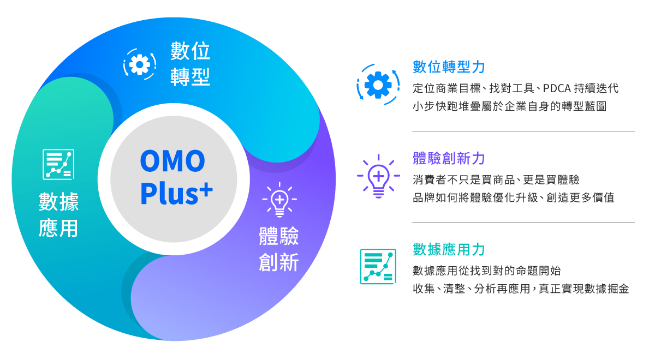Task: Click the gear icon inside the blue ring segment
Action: [140, 64]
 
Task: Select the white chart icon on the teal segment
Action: [58, 164]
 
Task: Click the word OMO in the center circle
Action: [172, 161]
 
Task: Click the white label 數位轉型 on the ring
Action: [190, 64]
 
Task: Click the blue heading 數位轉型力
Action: [449, 67]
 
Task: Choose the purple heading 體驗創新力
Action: [449, 159]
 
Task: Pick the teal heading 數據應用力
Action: [449, 250]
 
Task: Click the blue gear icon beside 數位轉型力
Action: [378, 85]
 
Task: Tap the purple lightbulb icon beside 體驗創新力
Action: [378, 176]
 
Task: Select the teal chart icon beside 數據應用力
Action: [378, 266]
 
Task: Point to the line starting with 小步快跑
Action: [509, 106]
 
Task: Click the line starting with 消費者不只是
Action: [496, 179]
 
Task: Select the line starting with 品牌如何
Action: [513, 197]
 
